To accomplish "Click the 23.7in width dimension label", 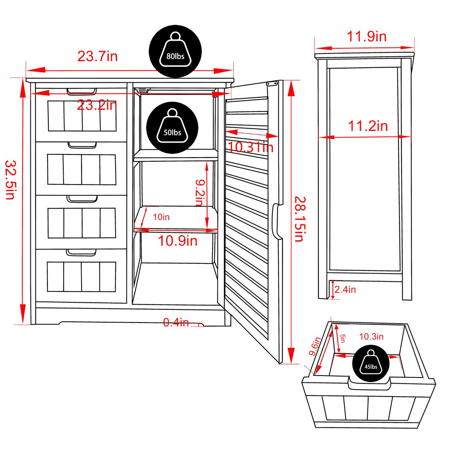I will pyautogui.click(x=98, y=56).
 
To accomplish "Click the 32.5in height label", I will pyautogui.click(x=10, y=180).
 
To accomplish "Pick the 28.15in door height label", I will pyautogui.click(x=299, y=219).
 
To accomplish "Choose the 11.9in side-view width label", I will pyautogui.click(x=366, y=37).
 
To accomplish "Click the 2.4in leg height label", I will pyautogui.click(x=345, y=289).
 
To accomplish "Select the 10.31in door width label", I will pyautogui.click(x=251, y=147).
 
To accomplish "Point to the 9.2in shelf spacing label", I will pyautogui.click(x=200, y=192).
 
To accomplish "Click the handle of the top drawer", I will pyautogui.click(x=82, y=91).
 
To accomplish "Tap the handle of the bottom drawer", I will pyautogui.click(x=81, y=253).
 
